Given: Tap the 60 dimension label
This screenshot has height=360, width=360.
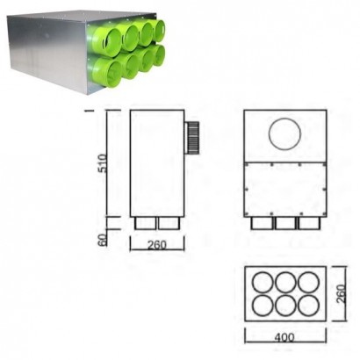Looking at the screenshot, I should point(103,238).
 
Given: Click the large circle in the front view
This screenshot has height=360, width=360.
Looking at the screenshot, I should point(284,134).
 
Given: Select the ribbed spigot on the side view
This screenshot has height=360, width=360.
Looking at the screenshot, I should point(191,137).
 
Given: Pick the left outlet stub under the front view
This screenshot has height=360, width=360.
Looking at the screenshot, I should point(263,224).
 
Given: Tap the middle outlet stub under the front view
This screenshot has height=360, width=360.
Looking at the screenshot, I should point(285,224).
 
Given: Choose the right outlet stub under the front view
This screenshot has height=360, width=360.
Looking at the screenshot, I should point(308,224).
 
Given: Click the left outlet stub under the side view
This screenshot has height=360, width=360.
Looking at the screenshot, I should point(146,224).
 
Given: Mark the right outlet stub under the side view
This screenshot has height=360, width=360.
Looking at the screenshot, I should point(169,224).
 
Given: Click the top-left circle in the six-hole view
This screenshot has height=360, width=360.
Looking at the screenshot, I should point(261,284).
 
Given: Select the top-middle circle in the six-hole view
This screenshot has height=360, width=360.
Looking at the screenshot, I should point(284,284).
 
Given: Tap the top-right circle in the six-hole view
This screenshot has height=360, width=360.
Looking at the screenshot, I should point(306,284).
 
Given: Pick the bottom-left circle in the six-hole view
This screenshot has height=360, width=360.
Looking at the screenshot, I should point(261,306).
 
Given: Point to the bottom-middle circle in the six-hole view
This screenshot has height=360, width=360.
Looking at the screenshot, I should point(284,306).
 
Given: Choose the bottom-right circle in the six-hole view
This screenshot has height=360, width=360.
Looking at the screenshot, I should point(306,306).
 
